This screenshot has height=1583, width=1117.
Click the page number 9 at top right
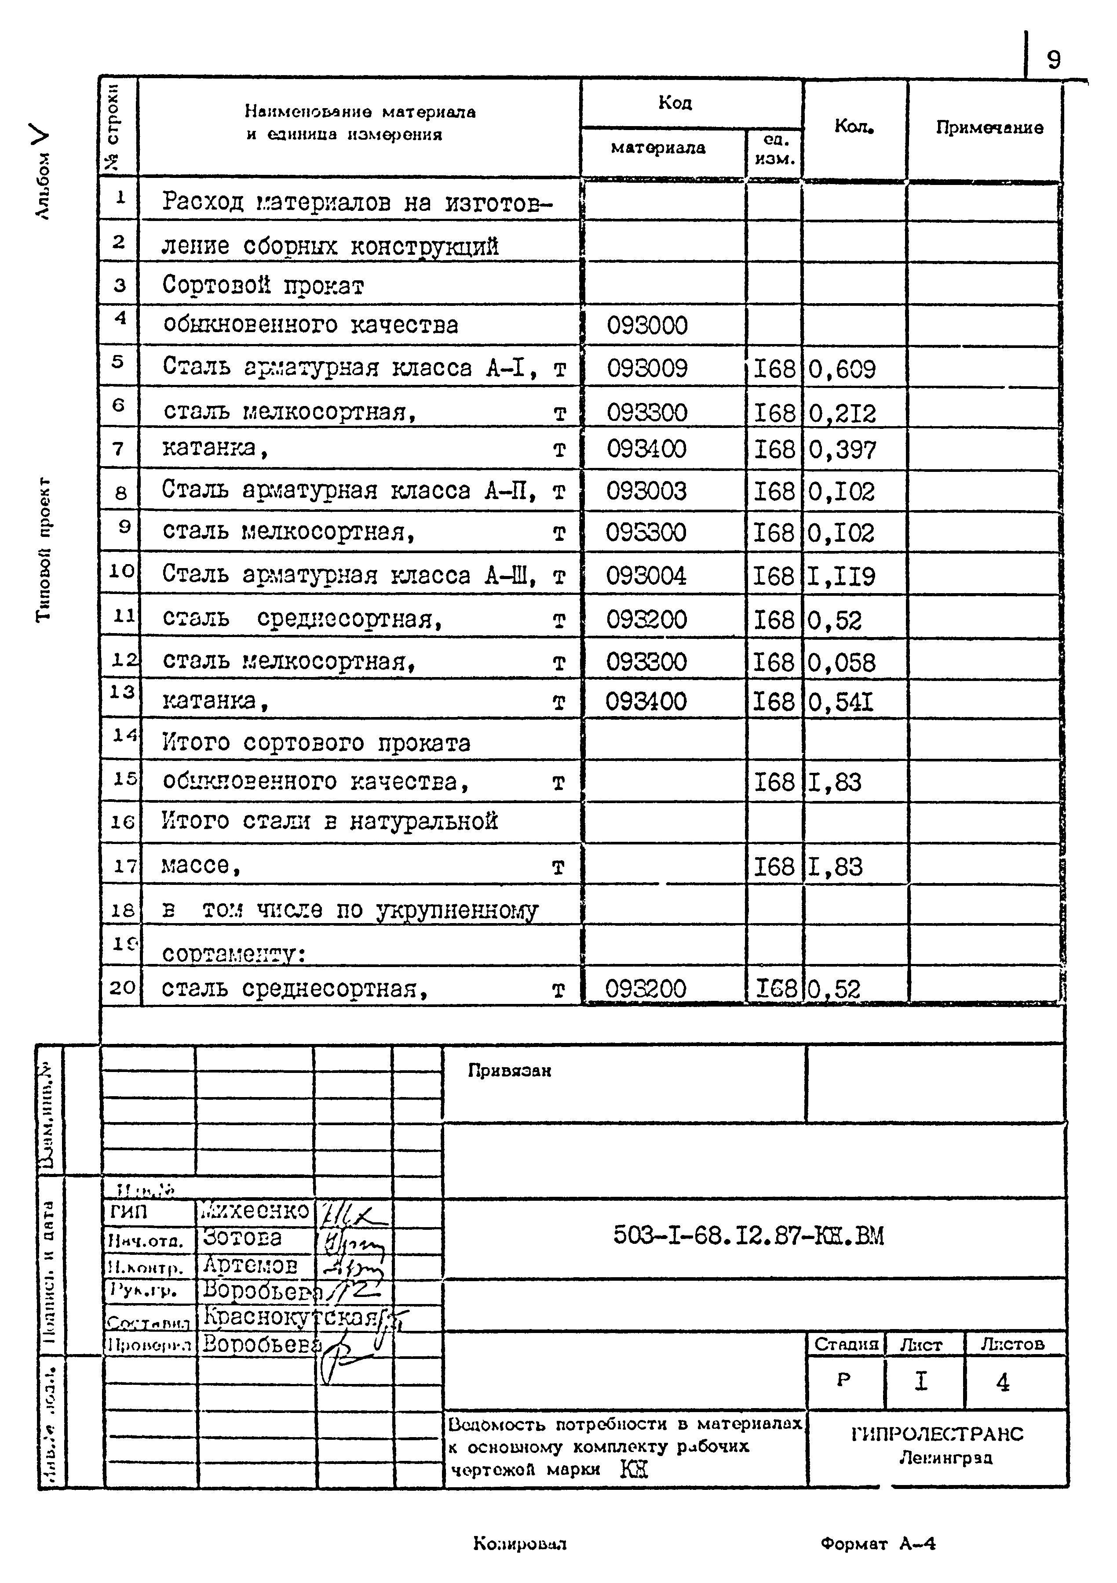1054,61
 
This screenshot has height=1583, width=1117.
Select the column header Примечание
989,127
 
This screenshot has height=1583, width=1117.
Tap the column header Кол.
854,126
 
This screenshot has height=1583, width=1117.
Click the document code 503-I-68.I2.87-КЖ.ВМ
748,1235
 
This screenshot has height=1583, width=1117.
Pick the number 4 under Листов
1003,1382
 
